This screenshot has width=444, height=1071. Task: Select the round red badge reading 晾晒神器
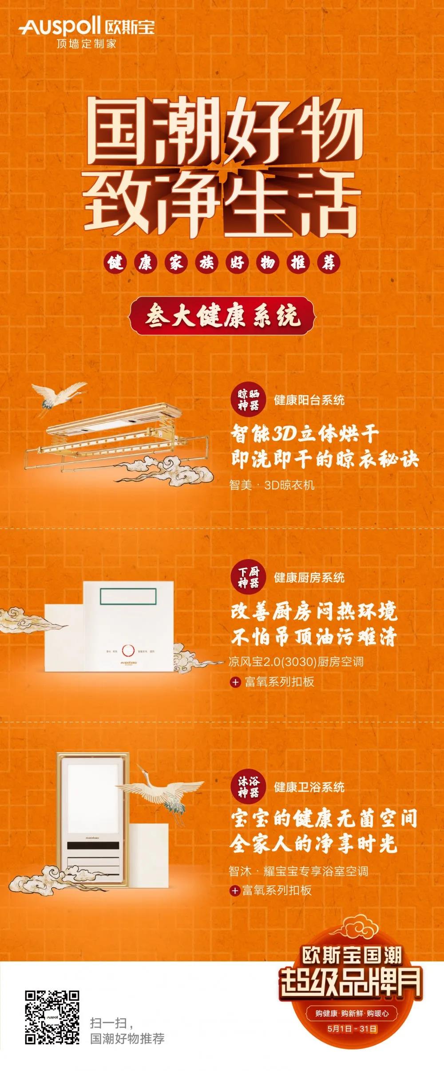248,400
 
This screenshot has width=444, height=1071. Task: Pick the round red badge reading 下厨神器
248,577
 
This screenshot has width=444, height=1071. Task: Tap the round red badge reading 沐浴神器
248,787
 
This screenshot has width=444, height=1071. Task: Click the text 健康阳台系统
309,400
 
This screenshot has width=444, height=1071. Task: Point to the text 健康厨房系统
309,577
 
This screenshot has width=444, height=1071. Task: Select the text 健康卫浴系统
309,787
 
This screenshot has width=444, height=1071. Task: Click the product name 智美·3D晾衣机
272,485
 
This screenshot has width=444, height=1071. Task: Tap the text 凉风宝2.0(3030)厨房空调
296,662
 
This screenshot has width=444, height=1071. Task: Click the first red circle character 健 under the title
115,263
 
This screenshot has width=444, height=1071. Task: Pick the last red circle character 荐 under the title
329,263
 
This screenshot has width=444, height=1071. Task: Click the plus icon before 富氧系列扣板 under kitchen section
235,682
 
